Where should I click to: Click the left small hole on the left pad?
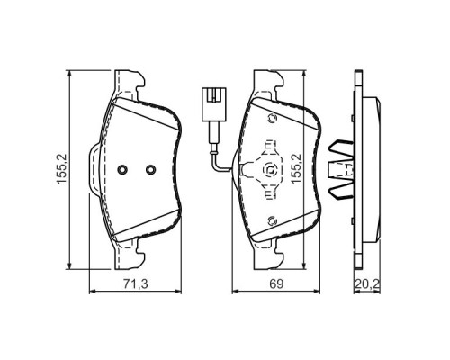click(123, 167)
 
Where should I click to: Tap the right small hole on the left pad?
click(150, 167)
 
